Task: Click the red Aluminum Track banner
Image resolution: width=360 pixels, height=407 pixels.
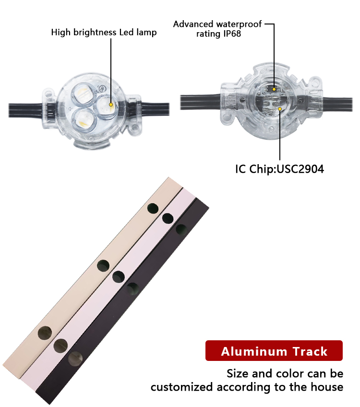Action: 274,350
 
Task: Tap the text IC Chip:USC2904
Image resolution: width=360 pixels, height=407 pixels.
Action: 279,169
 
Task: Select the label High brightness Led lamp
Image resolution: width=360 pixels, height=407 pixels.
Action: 104,32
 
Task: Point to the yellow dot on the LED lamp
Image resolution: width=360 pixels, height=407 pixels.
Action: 111,105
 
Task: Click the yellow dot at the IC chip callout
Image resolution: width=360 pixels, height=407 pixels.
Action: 280,109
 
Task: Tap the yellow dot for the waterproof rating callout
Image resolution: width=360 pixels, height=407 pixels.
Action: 274,89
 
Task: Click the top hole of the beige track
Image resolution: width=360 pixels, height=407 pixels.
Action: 153,208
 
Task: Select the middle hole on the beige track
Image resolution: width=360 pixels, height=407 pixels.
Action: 103,265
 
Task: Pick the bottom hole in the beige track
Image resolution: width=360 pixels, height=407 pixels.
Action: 45,333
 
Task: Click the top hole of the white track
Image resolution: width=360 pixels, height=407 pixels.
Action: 168,218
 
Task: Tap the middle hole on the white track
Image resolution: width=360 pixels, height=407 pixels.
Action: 119,276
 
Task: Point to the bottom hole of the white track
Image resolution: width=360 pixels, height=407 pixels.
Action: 61,346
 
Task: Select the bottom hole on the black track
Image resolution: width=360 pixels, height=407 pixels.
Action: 75,359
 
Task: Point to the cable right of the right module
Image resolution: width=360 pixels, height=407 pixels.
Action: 337,104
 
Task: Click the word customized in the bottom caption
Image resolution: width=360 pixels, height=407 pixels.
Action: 182,387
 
